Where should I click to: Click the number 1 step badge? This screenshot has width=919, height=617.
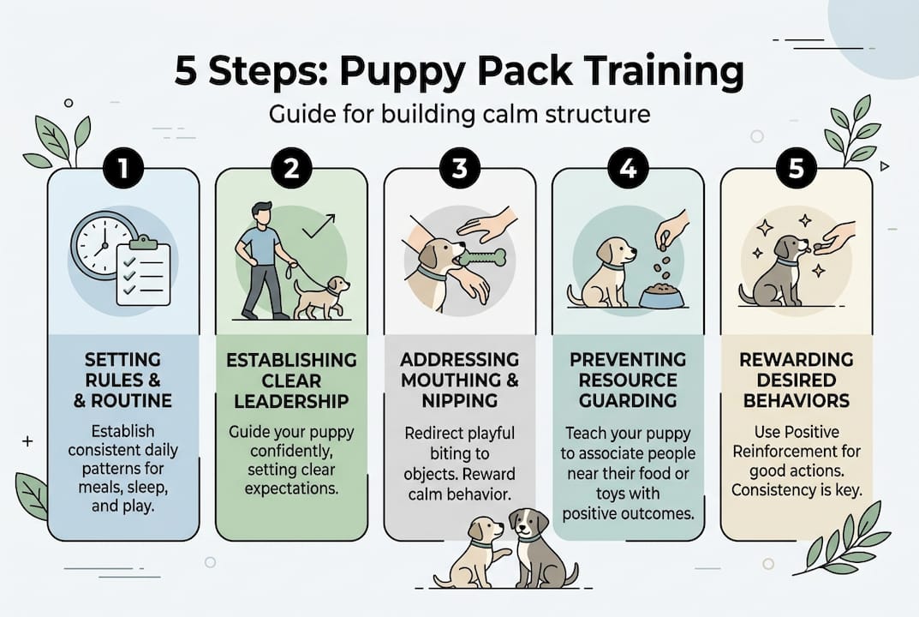pos(123,169)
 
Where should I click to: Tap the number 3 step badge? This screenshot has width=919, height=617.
pos(459,169)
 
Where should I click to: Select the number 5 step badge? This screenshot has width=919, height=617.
pos(796,169)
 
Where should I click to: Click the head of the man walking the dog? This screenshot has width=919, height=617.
pos(262,213)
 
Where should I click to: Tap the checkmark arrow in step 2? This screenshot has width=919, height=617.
pos(319,225)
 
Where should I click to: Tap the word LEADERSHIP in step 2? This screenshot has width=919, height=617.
pos(291,401)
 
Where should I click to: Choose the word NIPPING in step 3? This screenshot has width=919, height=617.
pos(460,400)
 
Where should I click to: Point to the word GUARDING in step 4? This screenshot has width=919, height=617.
pos(628,400)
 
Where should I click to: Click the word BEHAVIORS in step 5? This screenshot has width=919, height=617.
pos(797,400)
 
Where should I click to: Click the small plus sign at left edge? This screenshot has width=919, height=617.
pos(27,441)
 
